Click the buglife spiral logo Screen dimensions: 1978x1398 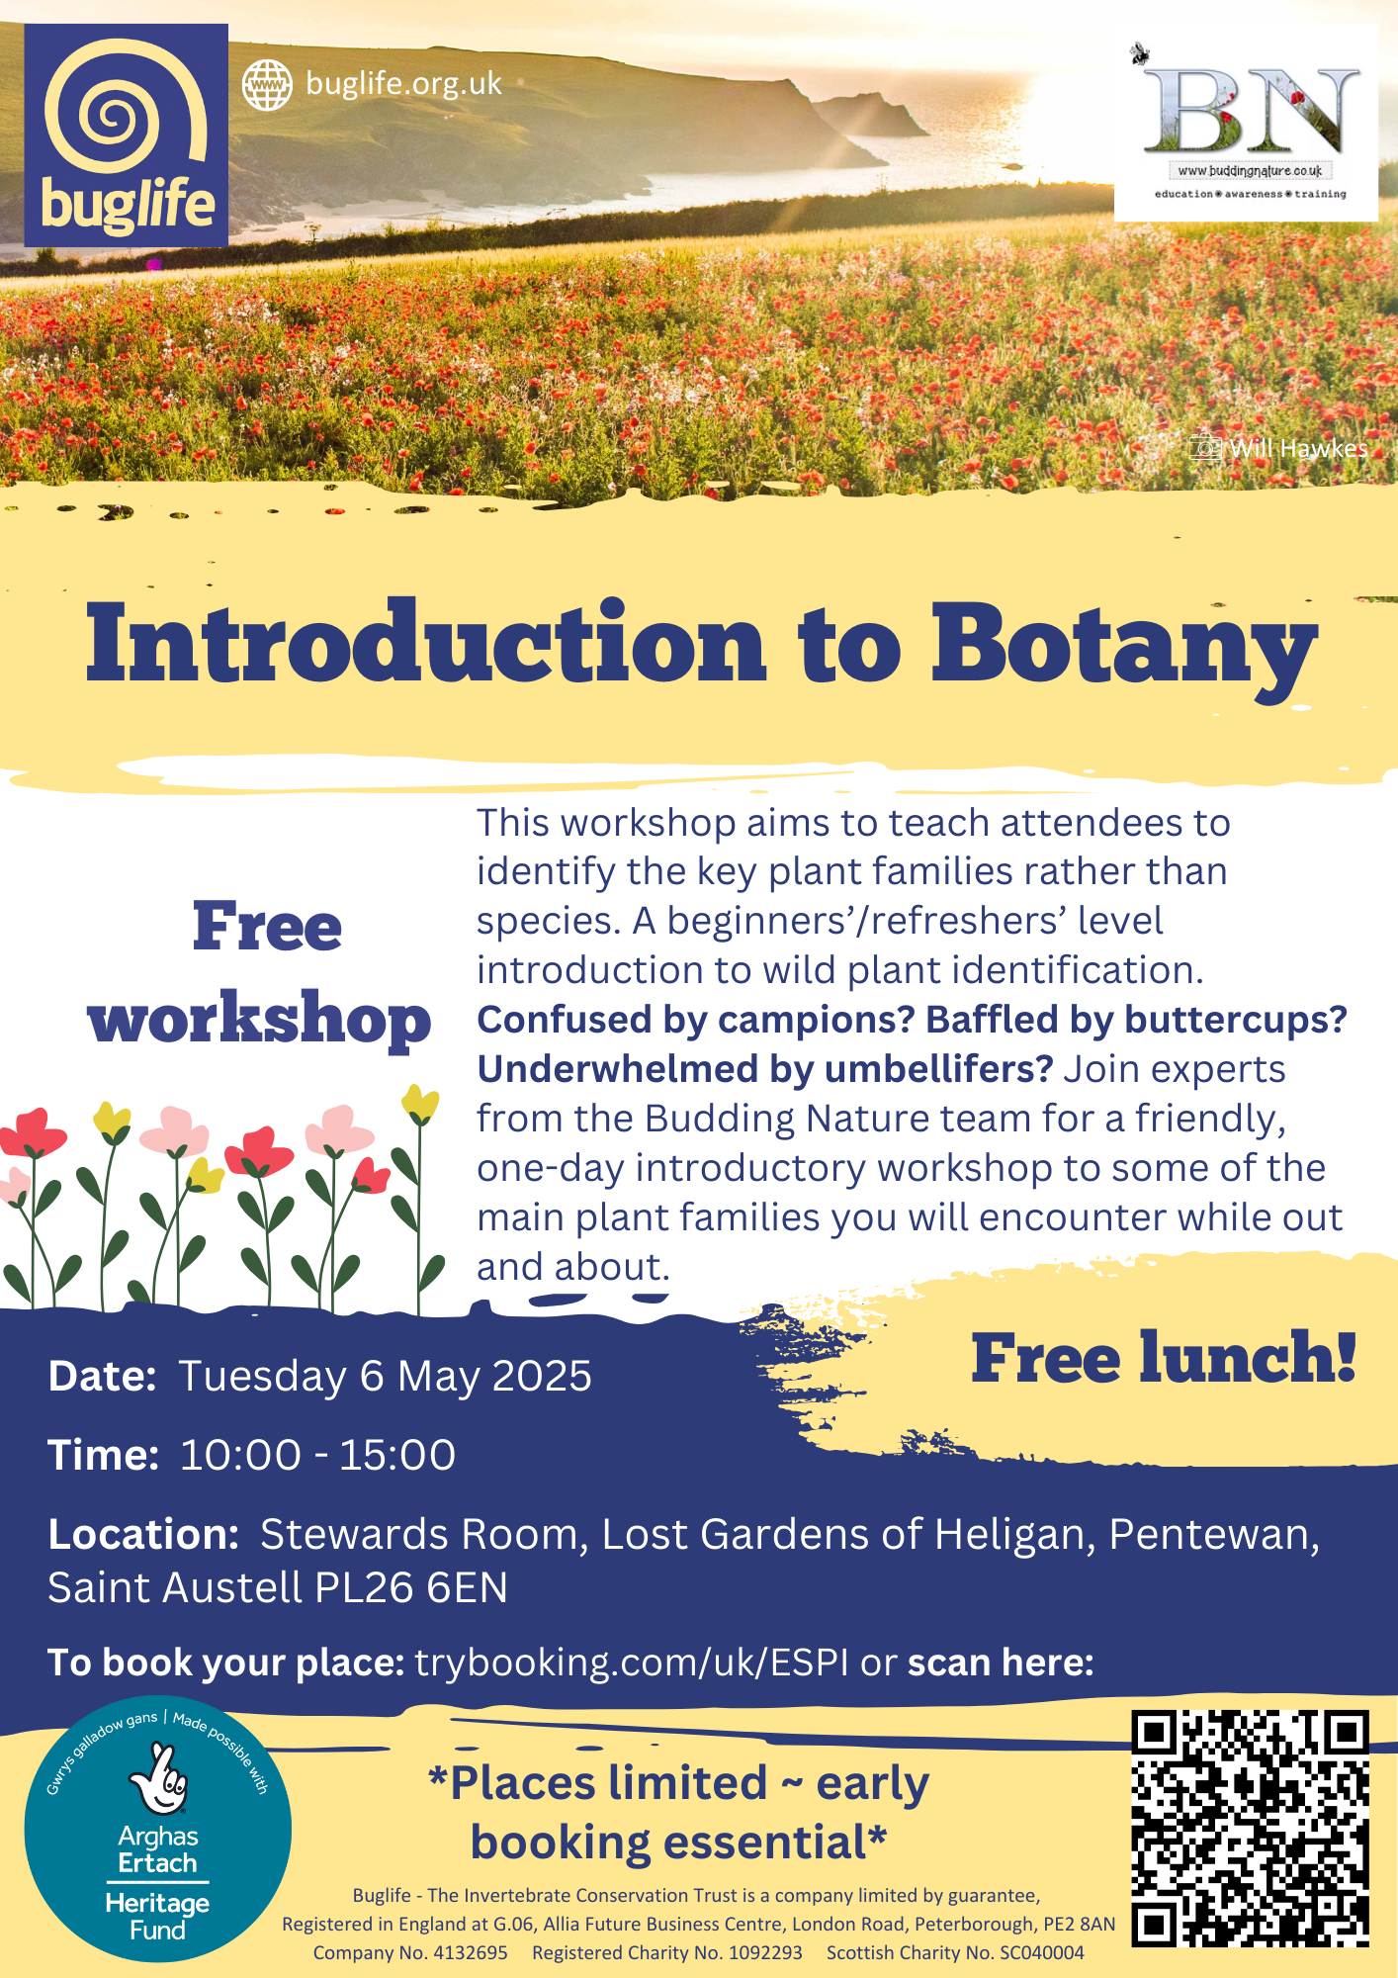coord(127,135)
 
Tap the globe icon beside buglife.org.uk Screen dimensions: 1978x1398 coord(267,85)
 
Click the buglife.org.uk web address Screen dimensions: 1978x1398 coord(403,84)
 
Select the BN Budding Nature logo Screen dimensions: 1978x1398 coord(1246,124)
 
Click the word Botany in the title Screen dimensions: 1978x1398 coord(1124,645)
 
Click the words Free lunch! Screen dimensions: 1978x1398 coord(1163,1358)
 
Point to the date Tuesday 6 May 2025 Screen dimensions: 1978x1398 coord(385,1376)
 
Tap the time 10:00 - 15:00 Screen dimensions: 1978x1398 coord(317,1455)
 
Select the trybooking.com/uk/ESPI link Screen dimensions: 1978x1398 coord(631,1663)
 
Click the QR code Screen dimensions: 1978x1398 coord(1250,1829)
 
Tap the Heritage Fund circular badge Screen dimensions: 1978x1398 coord(158,1831)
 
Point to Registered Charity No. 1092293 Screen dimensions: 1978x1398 coord(667,1952)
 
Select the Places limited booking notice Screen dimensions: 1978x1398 coord(678,1812)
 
